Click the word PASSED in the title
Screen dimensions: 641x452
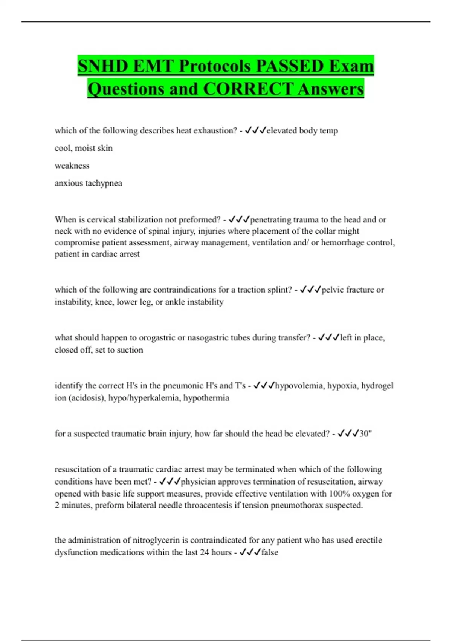click(290, 66)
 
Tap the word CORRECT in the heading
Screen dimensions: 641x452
click(248, 89)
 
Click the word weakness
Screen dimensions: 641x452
click(72, 166)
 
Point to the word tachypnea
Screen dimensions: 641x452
click(103, 183)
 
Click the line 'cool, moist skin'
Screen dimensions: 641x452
click(84, 148)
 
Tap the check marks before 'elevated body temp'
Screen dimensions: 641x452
click(255, 130)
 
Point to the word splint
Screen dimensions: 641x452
click(278, 290)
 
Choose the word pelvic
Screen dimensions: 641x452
click(332, 290)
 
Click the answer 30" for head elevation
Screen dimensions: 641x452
click(365, 434)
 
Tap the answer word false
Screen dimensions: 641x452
click(270, 552)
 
